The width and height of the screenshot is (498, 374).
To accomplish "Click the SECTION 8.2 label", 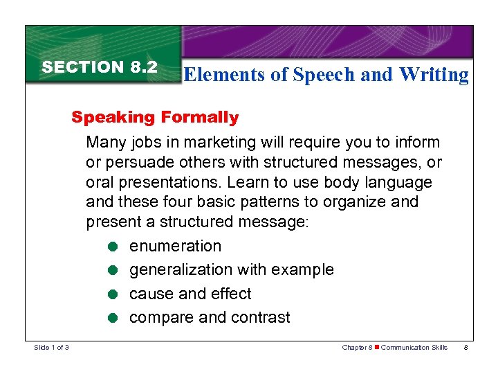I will [100, 67].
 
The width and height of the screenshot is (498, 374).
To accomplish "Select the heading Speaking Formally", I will [155, 117].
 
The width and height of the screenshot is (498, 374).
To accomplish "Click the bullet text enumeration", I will [176, 246].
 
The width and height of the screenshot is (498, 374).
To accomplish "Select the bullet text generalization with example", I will [232, 270].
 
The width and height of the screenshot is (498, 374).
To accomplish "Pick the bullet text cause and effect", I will [191, 294].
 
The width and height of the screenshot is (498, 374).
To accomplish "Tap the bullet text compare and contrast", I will [210, 318].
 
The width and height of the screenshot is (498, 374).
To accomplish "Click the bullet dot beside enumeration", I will [112, 247].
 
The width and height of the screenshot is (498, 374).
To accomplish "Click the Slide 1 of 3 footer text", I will [51, 347].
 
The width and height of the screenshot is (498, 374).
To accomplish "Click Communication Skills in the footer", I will [414, 347].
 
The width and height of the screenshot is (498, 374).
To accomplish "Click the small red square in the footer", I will [377, 347].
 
